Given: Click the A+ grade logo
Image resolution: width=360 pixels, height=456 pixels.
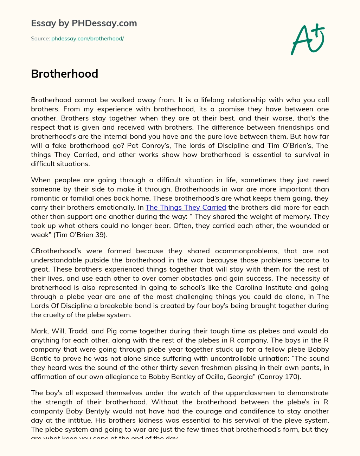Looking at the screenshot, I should coord(308,39).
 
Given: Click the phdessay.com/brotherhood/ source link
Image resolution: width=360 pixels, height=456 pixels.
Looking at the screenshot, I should coord(88,39).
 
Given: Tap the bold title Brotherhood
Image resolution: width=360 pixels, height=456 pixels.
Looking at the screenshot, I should coord(64,74).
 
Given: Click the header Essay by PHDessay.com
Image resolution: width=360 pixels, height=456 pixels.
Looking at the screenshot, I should coord(84,23).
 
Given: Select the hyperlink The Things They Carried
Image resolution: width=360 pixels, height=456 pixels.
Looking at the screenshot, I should coord(186,208).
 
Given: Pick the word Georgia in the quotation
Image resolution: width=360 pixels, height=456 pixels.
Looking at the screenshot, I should coord(236,377).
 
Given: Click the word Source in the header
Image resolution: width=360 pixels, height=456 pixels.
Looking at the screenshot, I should coord(40,39).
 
